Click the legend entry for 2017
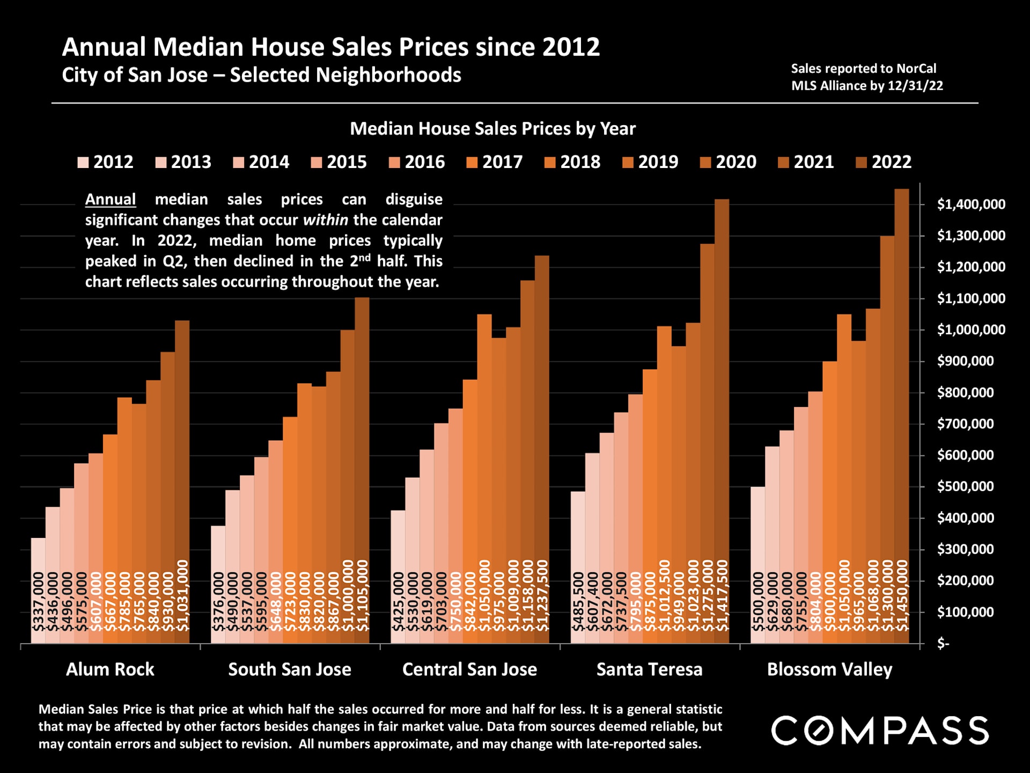[494, 162]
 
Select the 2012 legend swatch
[83, 162]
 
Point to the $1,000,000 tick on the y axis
[970, 330]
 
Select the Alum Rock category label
[110, 669]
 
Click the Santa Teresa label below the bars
[649, 669]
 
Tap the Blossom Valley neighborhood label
[829, 669]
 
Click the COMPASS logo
[880, 731]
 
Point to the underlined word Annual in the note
[111, 199]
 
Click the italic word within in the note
[325, 220]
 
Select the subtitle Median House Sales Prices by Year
[492, 129]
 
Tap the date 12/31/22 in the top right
[915, 86]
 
